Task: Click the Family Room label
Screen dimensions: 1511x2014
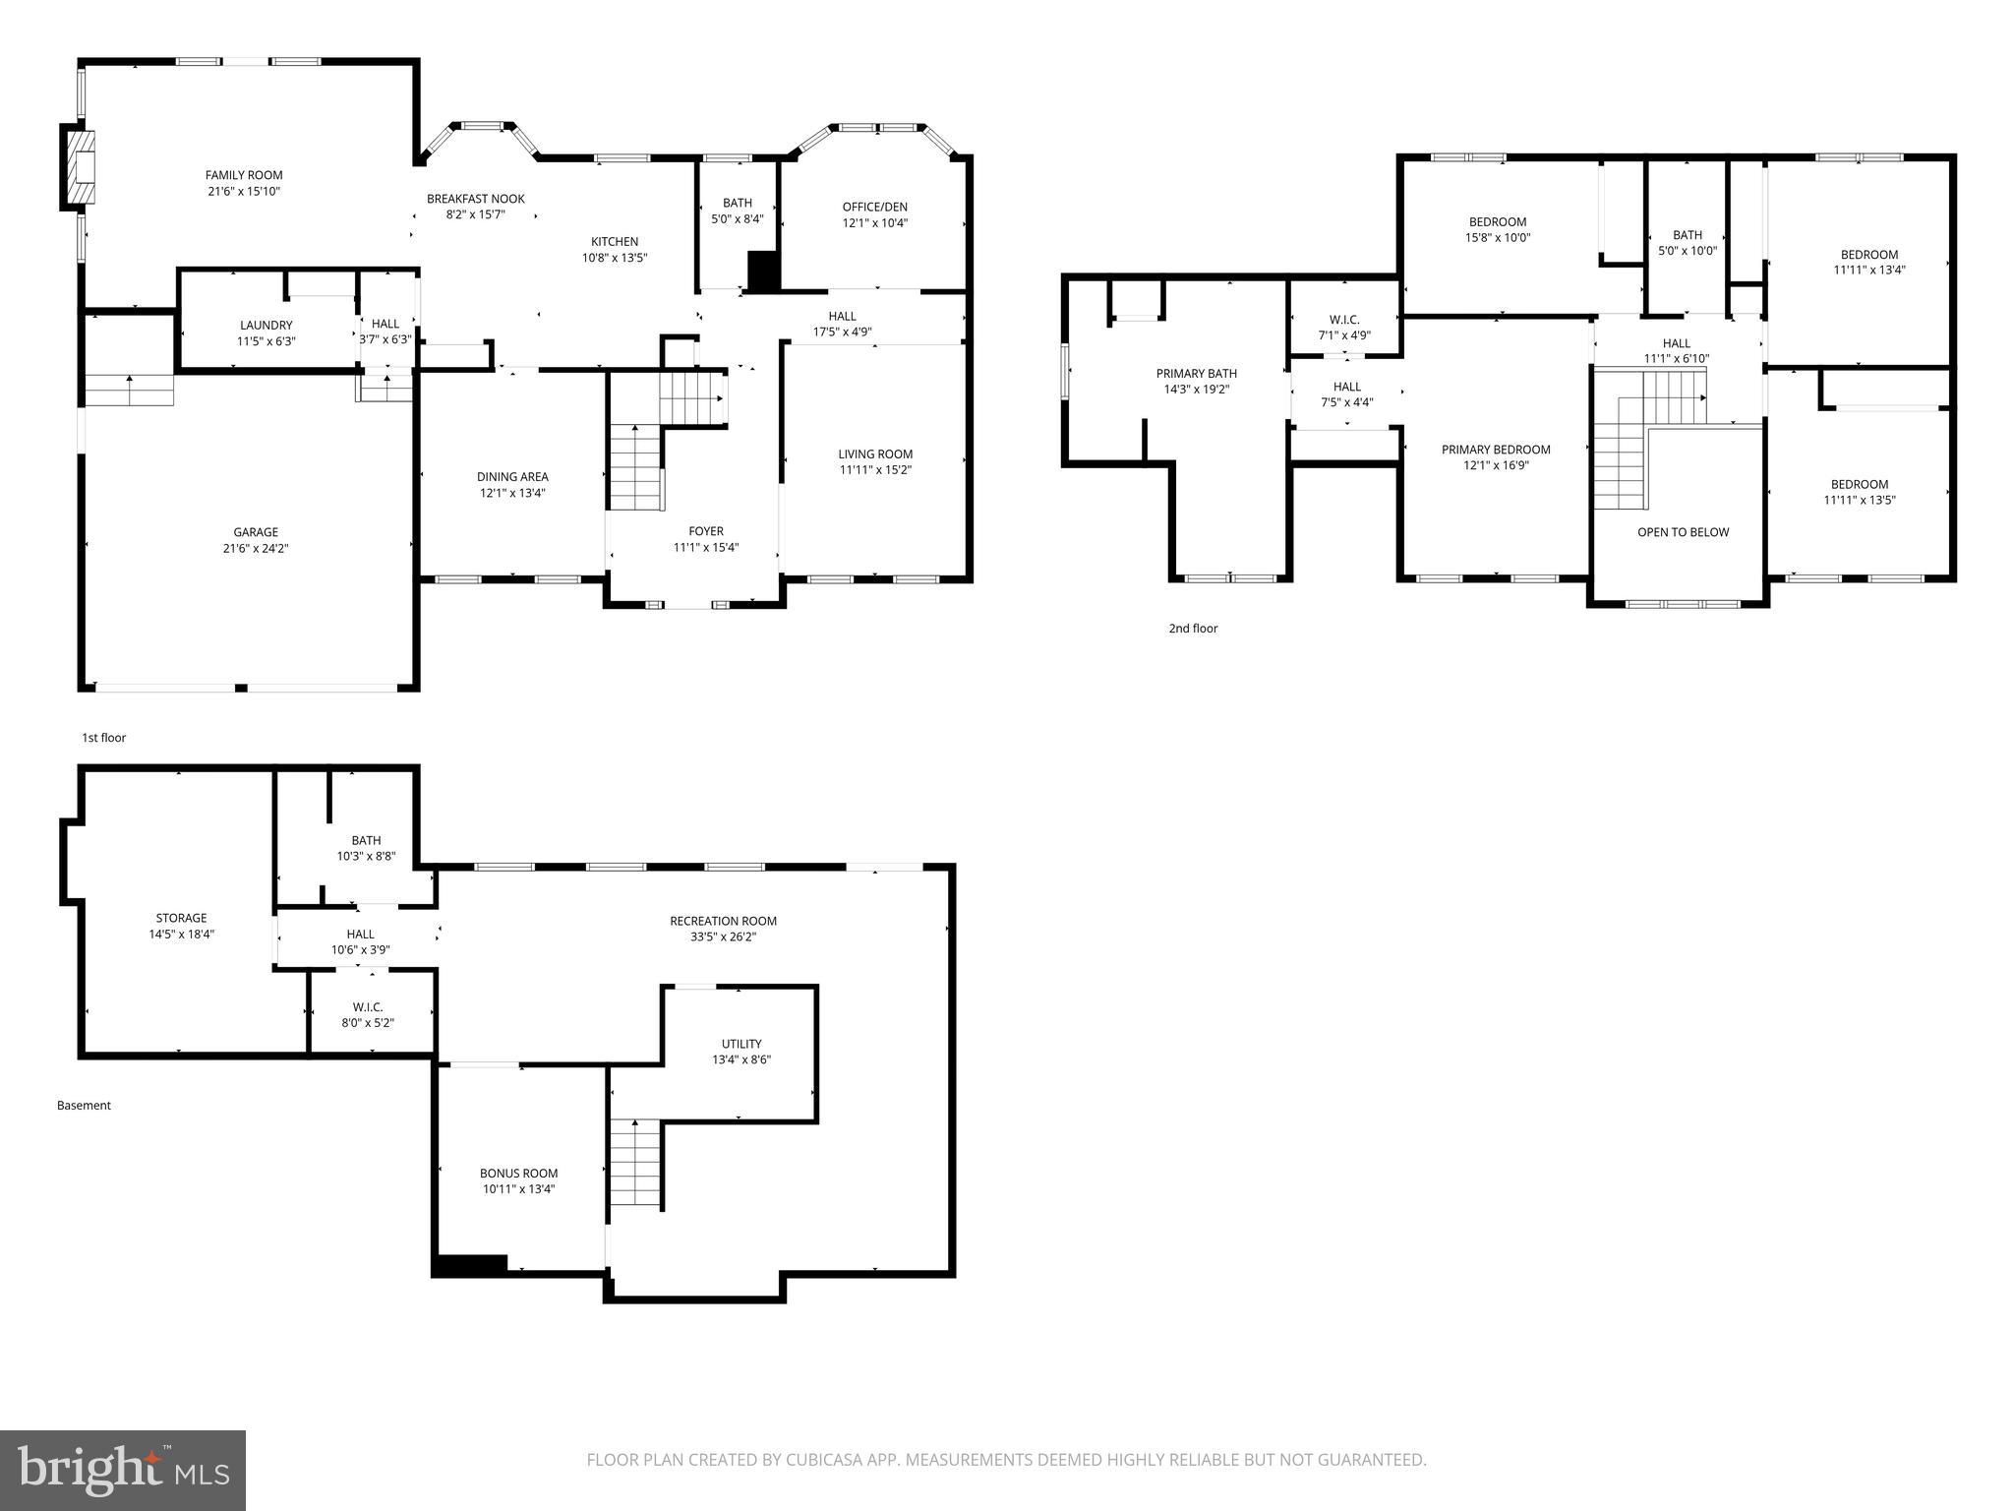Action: coord(244,175)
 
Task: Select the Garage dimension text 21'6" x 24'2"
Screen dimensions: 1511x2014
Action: coord(256,548)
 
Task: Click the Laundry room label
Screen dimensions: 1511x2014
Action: coord(267,325)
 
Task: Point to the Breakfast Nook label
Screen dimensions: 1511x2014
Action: coord(476,199)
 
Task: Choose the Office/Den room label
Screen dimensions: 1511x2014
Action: coord(874,207)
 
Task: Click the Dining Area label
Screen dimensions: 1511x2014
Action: coord(512,477)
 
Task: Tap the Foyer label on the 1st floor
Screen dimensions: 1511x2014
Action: coord(706,531)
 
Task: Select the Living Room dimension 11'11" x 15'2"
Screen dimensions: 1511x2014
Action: coord(875,469)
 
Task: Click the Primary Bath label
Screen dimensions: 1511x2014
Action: coord(1197,374)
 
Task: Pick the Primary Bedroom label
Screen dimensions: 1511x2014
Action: coord(1496,450)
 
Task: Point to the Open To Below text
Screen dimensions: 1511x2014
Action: coord(1683,532)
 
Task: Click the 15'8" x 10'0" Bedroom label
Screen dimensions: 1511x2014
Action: coord(1498,222)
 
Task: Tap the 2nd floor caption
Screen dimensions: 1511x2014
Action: coord(1193,629)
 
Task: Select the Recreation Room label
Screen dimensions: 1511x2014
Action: coord(723,921)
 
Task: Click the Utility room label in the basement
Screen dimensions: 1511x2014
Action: coord(741,1044)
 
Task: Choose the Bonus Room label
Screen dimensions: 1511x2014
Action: coord(518,1173)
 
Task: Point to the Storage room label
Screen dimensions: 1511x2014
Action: coord(182,918)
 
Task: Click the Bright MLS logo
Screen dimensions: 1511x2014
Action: coord(123,1470)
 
